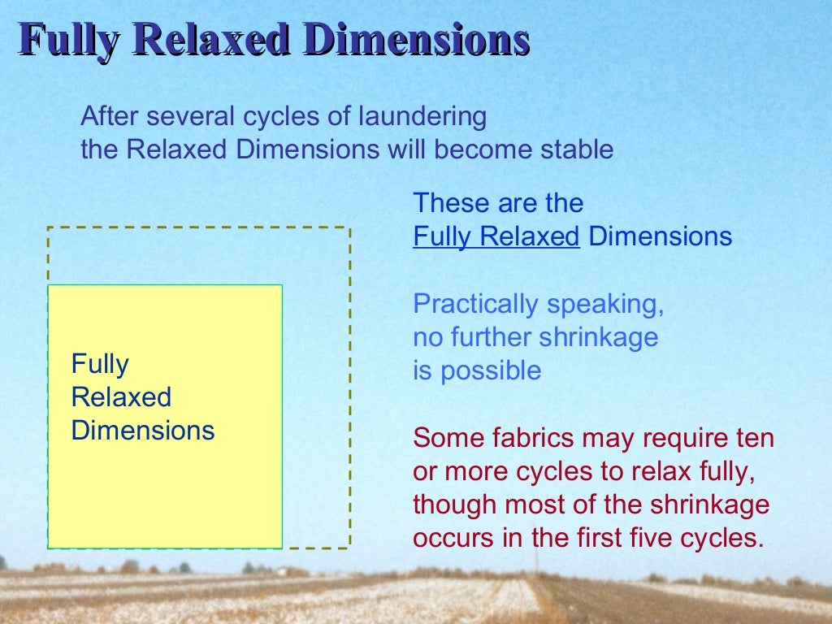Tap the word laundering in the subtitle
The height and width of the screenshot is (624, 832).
422,117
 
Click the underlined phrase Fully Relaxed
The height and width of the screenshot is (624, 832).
496,236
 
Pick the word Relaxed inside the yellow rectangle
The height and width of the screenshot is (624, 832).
121,397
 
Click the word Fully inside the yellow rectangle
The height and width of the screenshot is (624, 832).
100,364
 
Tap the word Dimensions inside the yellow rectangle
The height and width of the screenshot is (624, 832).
143,430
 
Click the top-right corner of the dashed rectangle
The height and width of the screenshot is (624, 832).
350,227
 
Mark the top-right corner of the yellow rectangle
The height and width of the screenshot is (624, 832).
282,285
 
